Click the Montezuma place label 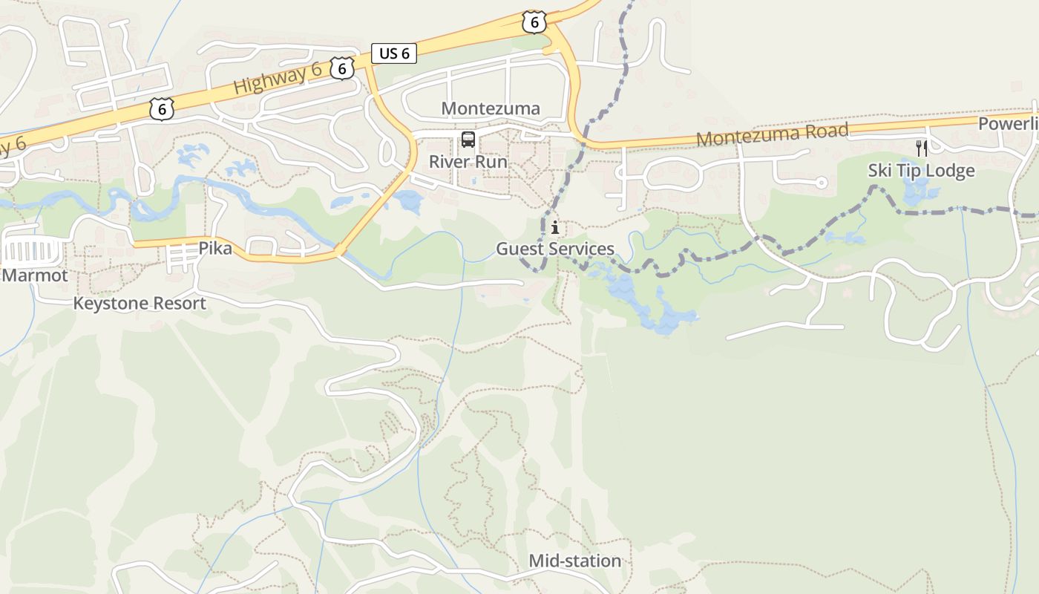pyautogui.click(x=491, y=108)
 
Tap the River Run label pyautogui.click(x=468, y=162)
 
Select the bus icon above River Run pyautogui.click(x=468, y=139)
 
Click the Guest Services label pyautogui.click(x=555, y=249)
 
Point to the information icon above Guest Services pyautogui.click(x=555, y=227)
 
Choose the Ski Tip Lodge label pyautogui.click(x=921, y=171)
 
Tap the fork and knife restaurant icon pyautogui.click(x=921, y=148)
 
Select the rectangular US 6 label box pyautogui.click(x=393, y=53)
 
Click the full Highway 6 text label pyautogui.click(x=278, y=78)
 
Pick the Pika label pyautogui.click(x=215, y=249)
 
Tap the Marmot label pyautogui.click(x=35, y=275)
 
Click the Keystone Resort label pyautogui.click(x=140, y=303)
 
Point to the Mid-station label pyautogui.click(x=574, y=561)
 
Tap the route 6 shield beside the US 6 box pyautogui.click(x=341, y=68)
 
